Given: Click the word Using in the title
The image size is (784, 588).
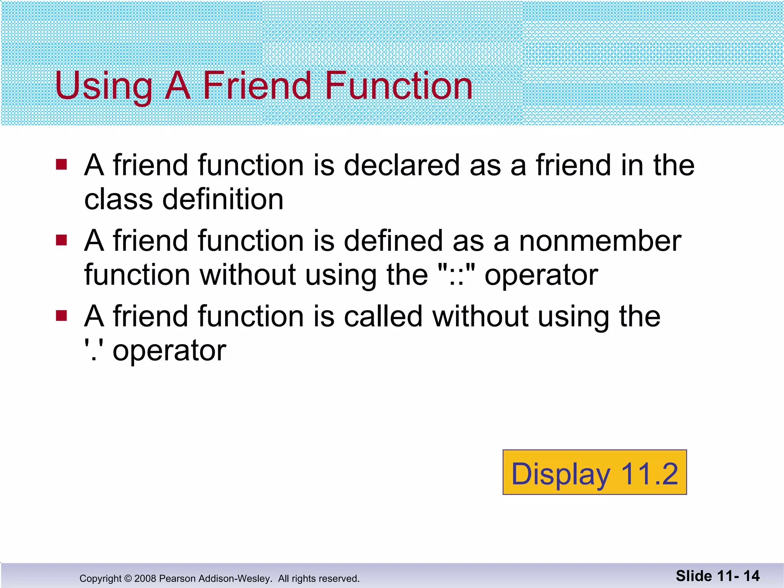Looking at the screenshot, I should (103, 87).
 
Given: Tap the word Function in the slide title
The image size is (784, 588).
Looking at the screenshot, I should (399, 86).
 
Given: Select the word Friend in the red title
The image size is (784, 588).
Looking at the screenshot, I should (257, 86).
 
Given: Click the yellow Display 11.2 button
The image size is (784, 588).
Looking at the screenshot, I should (595, 472).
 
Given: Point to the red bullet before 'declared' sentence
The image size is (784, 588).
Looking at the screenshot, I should (61, 165).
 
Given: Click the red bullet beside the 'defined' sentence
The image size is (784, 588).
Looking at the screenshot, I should (61, 240).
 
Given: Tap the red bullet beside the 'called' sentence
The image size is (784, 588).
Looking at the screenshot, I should (61, 316).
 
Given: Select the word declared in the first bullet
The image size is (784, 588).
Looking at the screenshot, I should (402, 165).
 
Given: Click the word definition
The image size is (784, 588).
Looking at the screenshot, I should (223, 199).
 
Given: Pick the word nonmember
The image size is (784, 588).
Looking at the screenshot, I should (600, 241).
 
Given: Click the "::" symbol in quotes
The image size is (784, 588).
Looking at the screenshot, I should (456, 275).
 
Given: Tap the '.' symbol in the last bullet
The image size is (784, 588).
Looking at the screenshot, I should (93, 350).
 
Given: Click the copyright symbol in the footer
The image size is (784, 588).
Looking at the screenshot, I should (128, 578).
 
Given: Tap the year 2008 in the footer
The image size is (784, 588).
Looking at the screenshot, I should (145, 578).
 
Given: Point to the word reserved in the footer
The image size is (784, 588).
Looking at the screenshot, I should (337, 578).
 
